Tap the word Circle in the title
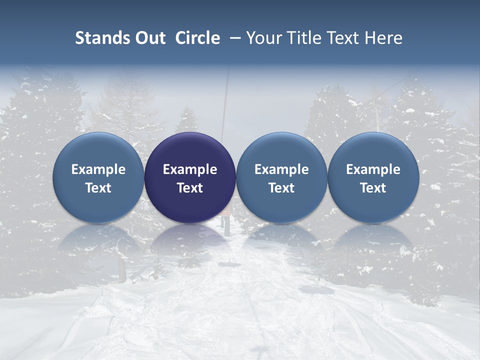197,38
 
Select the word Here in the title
384,38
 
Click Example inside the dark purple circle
190,169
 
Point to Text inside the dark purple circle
190,188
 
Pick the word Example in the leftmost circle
98,169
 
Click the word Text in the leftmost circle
98,188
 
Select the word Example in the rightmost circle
373,169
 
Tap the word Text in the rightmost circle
373,188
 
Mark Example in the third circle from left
281,169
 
